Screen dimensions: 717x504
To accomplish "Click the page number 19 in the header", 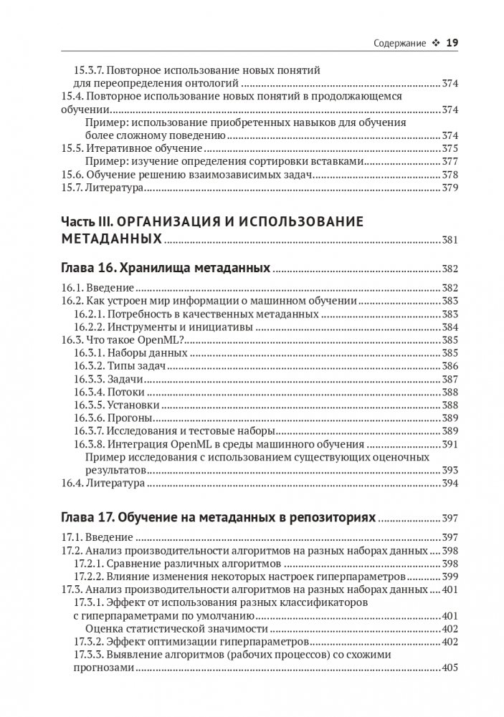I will (x=452, y=42).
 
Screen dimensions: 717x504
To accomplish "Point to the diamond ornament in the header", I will (x=435, y=42).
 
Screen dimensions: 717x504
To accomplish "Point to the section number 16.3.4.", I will (x=89, y=392).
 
